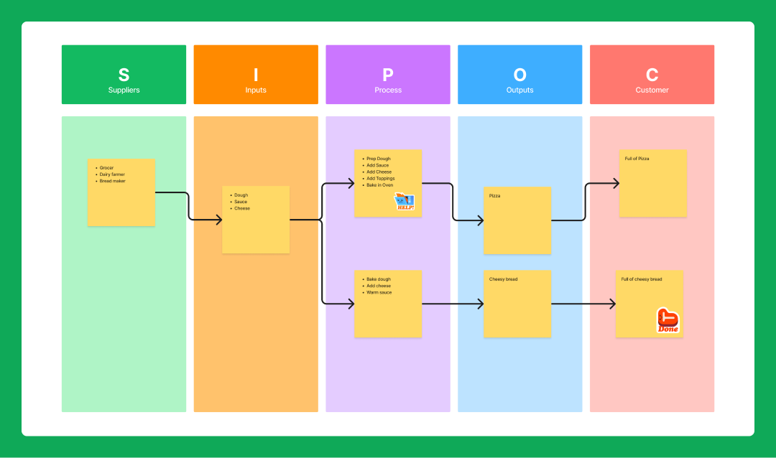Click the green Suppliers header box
(x=124, y=75)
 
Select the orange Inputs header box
(x=256, y=75)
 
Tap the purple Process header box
(x=388, y=75)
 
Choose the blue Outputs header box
(x=519, y=75)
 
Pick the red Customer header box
(x=652, y=75)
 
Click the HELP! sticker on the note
(x=405, y=202)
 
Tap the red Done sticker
(x=668, y=321)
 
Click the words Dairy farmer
(x=112, y=174)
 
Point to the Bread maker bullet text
(x=113, y=181)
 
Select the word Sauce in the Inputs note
(x=241, y=202)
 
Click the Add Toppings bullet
(x=380, y=179)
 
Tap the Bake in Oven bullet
(x=380, y=185)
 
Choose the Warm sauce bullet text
(x=379, y=293)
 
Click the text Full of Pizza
(x=637, y=159)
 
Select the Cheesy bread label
(x=503, y=279)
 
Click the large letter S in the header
(x=124, y=75)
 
